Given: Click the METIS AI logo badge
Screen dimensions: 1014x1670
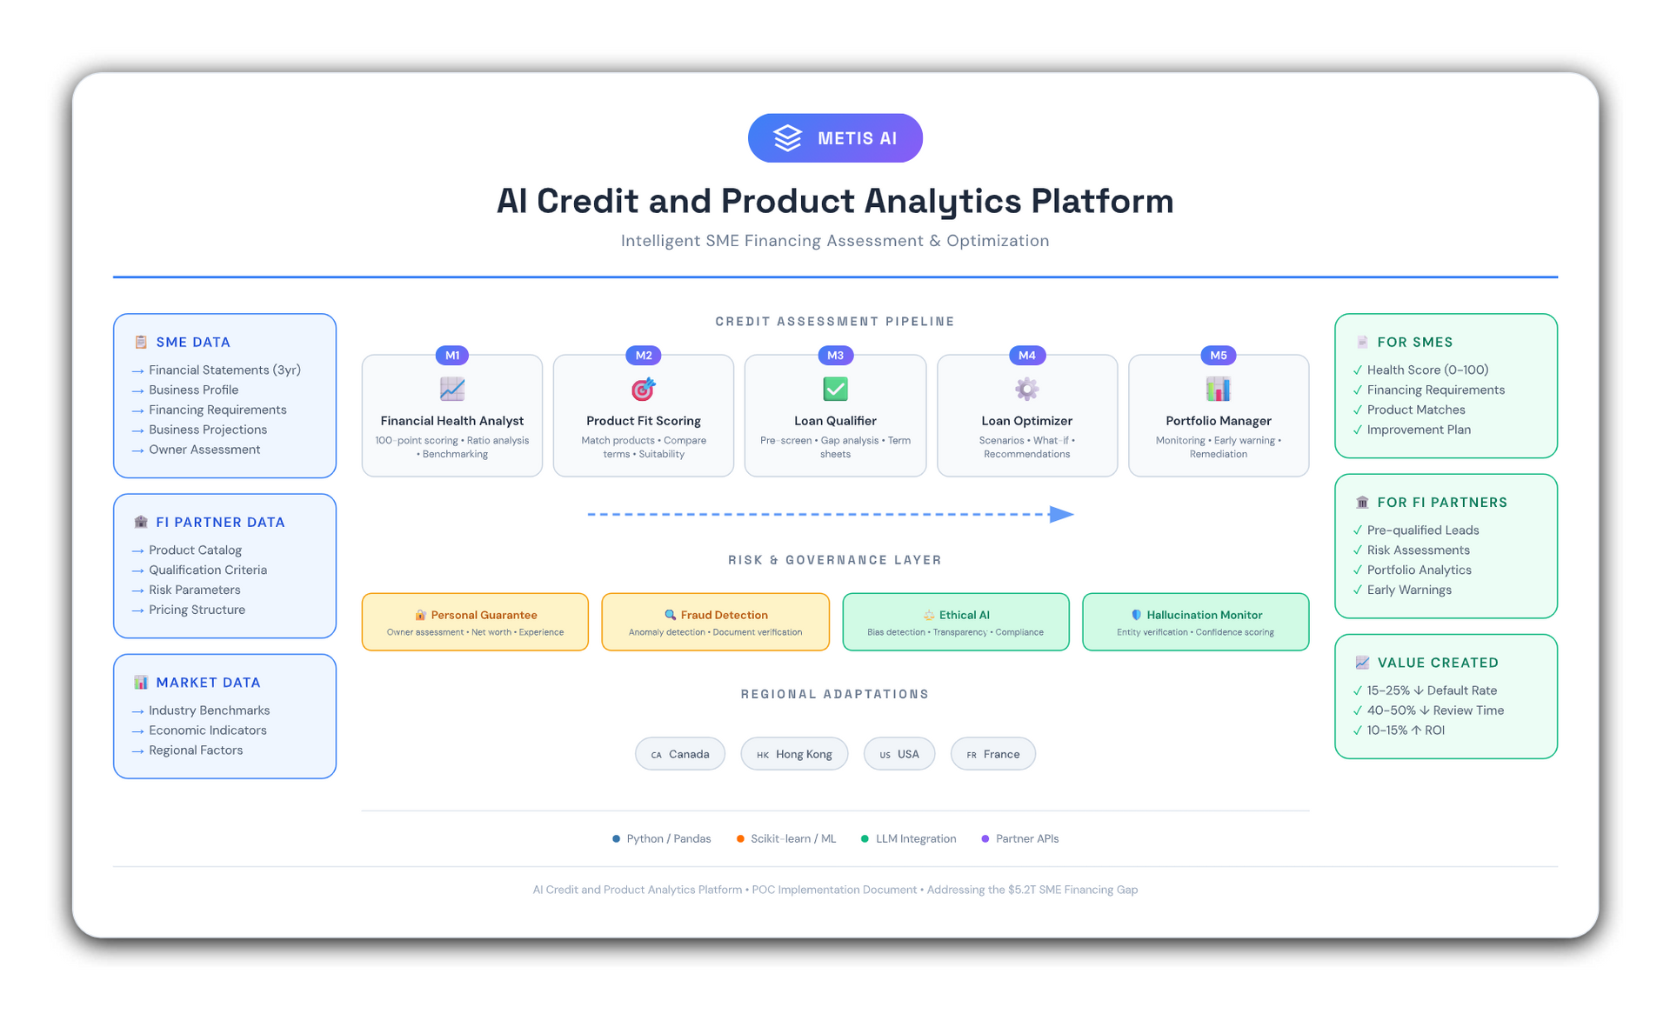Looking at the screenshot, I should pos(835,138).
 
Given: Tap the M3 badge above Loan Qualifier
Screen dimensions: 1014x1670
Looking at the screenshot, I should pos(835,355).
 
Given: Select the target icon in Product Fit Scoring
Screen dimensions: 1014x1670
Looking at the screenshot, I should pos(643,389).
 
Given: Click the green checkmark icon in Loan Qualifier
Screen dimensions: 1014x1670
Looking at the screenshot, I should pos(835,389).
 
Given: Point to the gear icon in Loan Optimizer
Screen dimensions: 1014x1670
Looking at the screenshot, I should pos(1026,389).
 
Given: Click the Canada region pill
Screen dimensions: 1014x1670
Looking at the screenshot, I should pos(680,754).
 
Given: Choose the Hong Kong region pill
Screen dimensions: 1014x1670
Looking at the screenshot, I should pos(794,754).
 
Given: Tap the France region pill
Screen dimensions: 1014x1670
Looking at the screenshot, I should pos(992,754).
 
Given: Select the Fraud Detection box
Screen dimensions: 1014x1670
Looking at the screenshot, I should pos(715,622).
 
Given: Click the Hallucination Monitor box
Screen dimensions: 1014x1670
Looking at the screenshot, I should pos(1195,622).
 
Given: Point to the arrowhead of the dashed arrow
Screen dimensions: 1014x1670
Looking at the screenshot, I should pos(1062,514).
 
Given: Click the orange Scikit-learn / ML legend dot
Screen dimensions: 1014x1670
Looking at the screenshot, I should pos(740,838).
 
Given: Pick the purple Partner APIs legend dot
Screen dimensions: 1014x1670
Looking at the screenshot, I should pos(985,838).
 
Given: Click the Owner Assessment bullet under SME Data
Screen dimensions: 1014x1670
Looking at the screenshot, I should pos(204,450).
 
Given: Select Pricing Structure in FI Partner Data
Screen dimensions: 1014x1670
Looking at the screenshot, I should pos(197,610).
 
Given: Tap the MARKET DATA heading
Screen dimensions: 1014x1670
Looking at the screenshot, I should pos(208,683).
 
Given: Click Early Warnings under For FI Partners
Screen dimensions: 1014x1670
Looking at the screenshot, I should pos(1409,590).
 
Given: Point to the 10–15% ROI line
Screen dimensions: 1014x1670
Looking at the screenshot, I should pos(1405,730).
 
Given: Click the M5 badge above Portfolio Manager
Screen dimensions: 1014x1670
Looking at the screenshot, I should pos(1218,355).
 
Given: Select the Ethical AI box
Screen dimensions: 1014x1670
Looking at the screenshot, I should pos(955,622).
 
